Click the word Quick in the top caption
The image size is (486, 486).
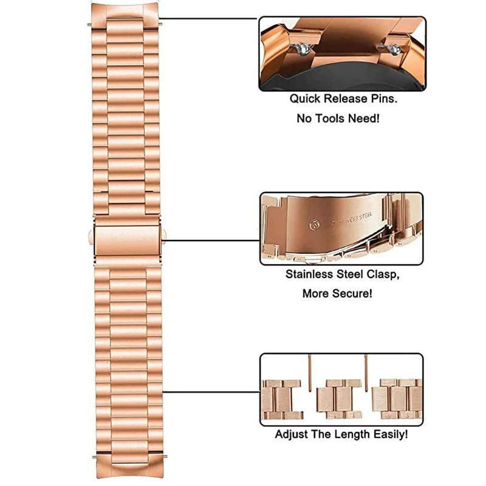tap(303, 98)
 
